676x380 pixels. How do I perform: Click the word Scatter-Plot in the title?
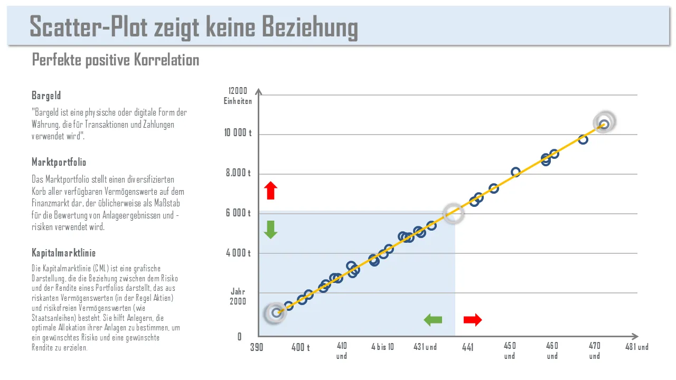(x=89, y=26)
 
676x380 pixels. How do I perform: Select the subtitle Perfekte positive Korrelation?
(x=116, y=60)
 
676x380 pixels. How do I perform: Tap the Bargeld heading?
(x=46, y=96)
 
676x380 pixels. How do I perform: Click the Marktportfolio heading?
(x=59, y=162)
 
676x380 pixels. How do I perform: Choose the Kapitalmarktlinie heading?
(x=63, y=253)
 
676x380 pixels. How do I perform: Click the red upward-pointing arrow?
(x=270, y=191)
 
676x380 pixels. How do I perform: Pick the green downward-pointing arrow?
(x=270, y=230)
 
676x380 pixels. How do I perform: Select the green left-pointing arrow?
(x=433, y=319)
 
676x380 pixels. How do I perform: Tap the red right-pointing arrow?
(x=473, y=319)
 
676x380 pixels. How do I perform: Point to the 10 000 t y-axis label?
(x=238, y=134)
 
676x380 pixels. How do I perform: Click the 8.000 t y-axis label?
(x=238, y=173)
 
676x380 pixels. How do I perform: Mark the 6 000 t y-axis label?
(x=238, y=213)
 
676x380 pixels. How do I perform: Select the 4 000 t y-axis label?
(x=238, y=253)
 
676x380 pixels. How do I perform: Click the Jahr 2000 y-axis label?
(x=238, y=297)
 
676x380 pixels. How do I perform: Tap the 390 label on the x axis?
(x=257, y=347)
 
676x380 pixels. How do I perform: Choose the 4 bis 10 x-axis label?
(x=382, y=347)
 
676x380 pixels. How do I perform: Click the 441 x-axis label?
(x=468, y=347)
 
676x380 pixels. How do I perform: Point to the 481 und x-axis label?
(x=637, y=347)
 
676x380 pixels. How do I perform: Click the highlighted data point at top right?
(x=604, y=123)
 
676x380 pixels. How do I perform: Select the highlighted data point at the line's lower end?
(x=276, y=313)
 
